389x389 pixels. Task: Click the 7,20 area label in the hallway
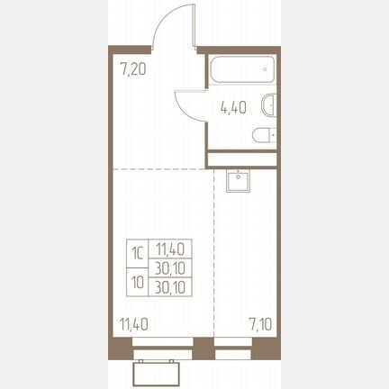(x=132, y=69)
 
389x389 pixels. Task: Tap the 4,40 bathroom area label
(x=233, y=107)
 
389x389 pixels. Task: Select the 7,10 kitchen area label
(x=260, y=324)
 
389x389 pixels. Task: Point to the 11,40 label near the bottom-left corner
(x=133, y=324)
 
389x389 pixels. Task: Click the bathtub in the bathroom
(x=242, y=69)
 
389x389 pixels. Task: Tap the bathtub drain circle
(x=265, y=69)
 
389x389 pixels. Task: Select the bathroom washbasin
(x=269, y=105)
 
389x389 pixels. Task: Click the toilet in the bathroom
(x=265, y=136)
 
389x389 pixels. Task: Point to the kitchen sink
(x=238, y=180)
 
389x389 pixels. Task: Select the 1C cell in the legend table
(x=138, y=254)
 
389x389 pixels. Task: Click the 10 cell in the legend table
(x=138, y=282)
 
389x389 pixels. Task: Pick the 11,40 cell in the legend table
(x=170, y=249)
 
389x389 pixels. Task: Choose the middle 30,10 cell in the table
(x=170, y=267)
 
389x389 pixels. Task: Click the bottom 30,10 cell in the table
(x=170, y=287)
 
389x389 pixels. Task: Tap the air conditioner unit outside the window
(x=157, y=372)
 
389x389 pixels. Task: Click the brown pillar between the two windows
(x=204, y=348)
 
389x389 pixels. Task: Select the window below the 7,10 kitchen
(x=233, y=348)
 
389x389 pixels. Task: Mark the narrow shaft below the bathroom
(x=242, y=159)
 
